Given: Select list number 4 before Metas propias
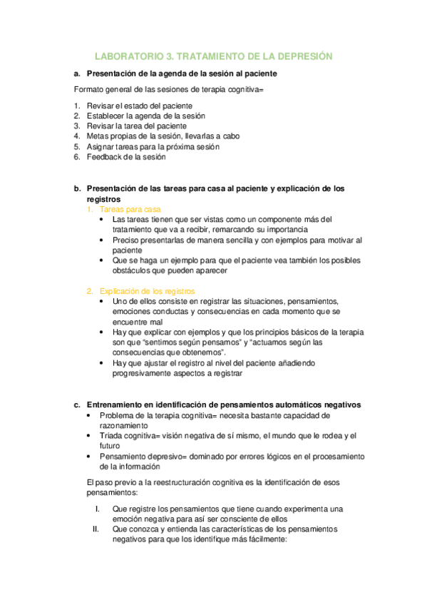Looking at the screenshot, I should tap(77, 136).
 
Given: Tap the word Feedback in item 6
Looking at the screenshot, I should tap(103, 157).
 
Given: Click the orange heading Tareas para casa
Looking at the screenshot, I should tap(130, 210).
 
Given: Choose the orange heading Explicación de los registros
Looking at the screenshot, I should tap(147, 291).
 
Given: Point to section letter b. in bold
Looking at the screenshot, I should tap(77, 189).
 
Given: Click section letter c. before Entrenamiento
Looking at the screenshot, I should tap(77, 404).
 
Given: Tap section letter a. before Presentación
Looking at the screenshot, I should tap(77, 73).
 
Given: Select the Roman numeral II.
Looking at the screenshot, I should tap(96, 529).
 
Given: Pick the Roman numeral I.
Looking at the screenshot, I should tap(98, 509).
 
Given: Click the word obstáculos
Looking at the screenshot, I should tap(132, 271).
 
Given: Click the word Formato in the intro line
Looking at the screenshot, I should tap(89, 90).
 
